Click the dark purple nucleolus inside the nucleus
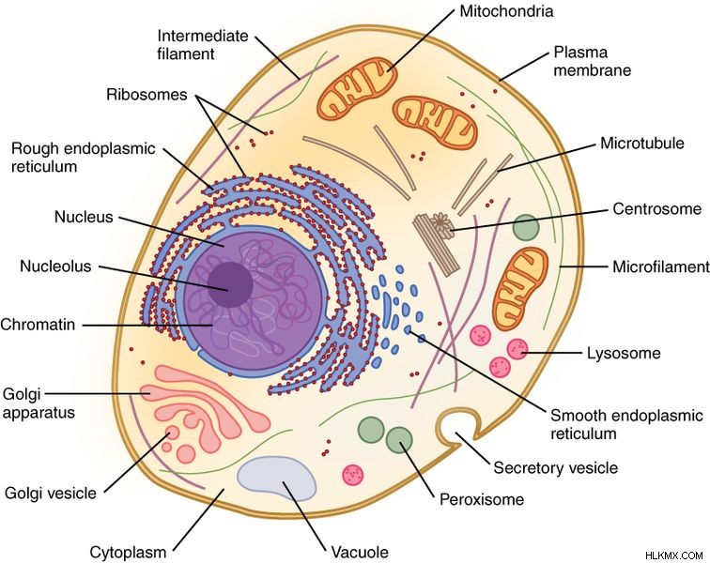(230, 284)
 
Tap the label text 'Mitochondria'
(506, 11)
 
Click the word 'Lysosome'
(624, 353)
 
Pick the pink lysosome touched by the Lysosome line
(517, 349)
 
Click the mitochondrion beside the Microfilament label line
(520, 289)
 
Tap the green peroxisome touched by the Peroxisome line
(399, 440)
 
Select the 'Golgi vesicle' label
(51, 493)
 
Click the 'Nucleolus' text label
(55, 266)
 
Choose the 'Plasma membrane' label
(593, 61)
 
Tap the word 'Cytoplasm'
(128, 552)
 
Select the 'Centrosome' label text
(656, 208)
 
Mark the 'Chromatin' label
(38, 325)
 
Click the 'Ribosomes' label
(147, 95)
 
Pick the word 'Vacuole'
(360, 552)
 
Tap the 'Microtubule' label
(642, 144)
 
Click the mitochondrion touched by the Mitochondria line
(357, 88)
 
